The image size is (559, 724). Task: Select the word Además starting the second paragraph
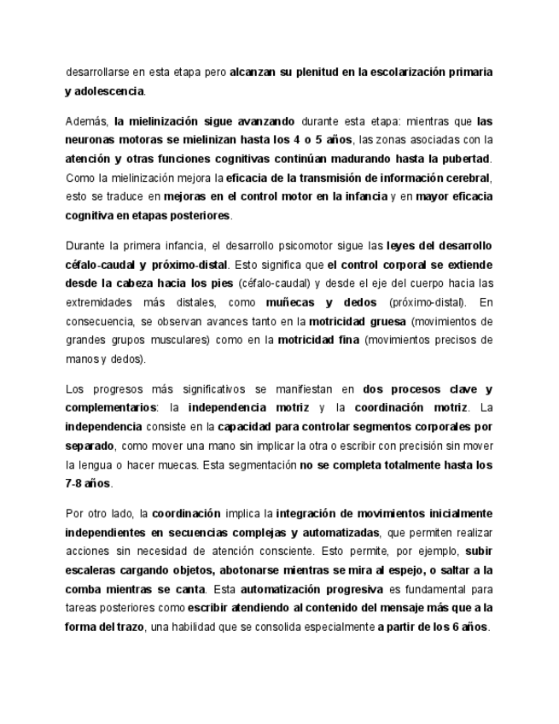[85, 120]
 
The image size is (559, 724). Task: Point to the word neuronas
[91, 139]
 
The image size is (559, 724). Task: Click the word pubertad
[465, 159]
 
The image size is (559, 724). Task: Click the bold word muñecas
[292, 302]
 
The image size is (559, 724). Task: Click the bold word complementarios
[110, 407]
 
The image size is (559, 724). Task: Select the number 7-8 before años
[74, 483]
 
